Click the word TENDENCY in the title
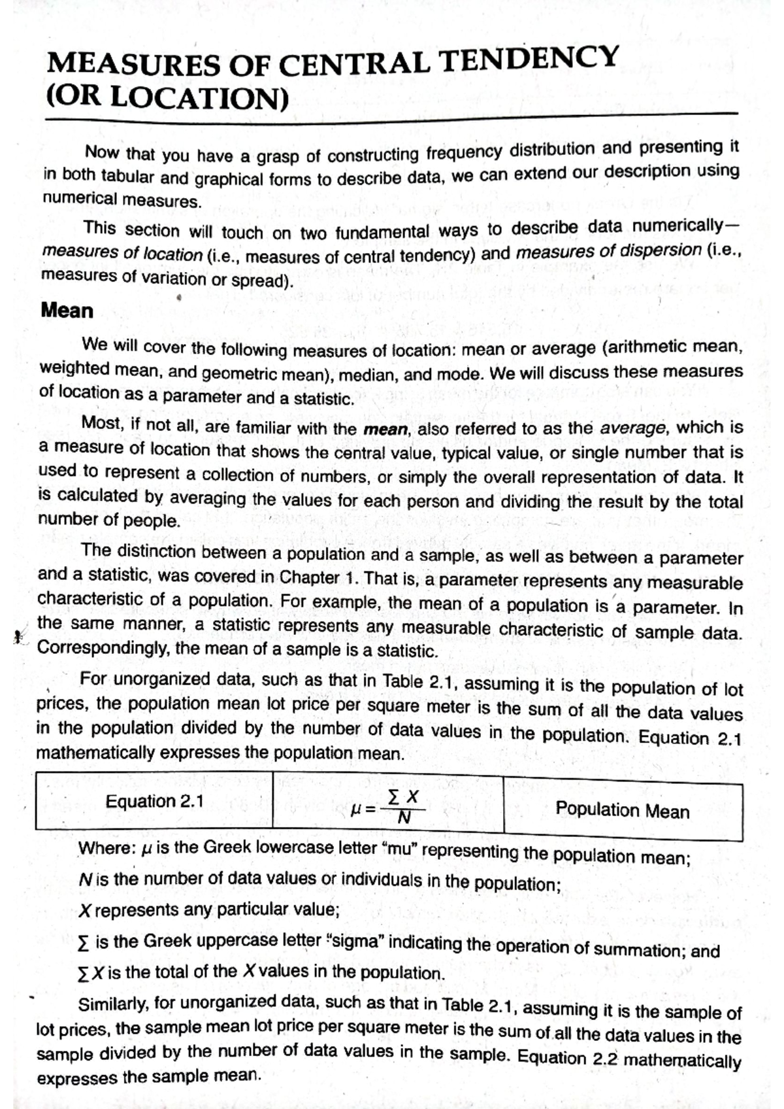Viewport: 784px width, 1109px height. click(529, 60)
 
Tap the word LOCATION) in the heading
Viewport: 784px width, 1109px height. click(199, 99)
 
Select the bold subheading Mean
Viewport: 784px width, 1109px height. click(67, 310)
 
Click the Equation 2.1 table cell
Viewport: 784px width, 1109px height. click(154, 801)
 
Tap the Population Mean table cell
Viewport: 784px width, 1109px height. click(622, 811)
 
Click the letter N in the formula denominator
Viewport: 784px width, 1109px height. click(404, 818)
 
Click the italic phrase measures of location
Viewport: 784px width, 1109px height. click(122, 253)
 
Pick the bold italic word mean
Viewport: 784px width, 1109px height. click(385, 430)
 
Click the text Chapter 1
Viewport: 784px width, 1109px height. click(319, 578)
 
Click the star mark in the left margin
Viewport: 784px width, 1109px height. click(19, 635)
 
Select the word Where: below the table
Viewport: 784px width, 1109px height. click(106, 848)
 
